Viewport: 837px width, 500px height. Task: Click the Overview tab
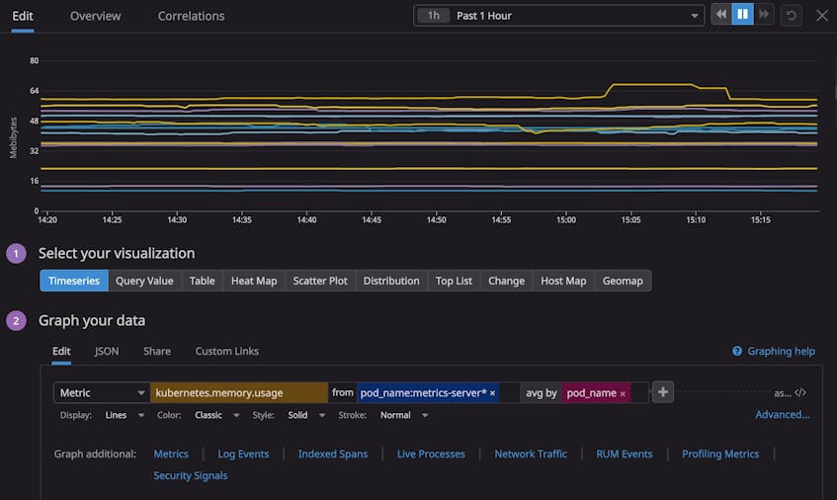click(x=96, y=16)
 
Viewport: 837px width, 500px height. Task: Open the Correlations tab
click(x=191, y=16)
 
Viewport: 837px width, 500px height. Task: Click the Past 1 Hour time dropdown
click(x=557, y=16)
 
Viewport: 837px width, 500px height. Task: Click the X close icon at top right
click(x=821, y=16)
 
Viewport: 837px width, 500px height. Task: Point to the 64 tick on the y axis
click(x=34, y=91)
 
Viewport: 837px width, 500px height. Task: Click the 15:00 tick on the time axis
click(x=565, y=220)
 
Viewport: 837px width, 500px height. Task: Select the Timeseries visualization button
click(x=74, y=281)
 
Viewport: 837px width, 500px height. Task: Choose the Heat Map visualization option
click(x=254, y=281)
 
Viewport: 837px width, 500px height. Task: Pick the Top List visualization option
click(x=454, y=281)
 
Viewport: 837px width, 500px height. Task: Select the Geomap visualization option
click(x=623, y=281)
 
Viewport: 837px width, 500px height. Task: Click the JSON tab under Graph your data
click(x=107, y=351)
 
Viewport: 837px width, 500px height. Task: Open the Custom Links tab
click(x=226, y=351)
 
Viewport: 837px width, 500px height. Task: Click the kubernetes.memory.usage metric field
click(x=238, y=392)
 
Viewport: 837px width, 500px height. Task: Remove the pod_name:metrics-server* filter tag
click(x=492, y=393)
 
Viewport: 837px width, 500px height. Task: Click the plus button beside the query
click(x=663, y=392)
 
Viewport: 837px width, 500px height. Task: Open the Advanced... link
click(x=782, y=415)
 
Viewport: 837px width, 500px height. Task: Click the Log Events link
click(x=243, y=454)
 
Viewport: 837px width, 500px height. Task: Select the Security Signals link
click(x=191, y=475)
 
